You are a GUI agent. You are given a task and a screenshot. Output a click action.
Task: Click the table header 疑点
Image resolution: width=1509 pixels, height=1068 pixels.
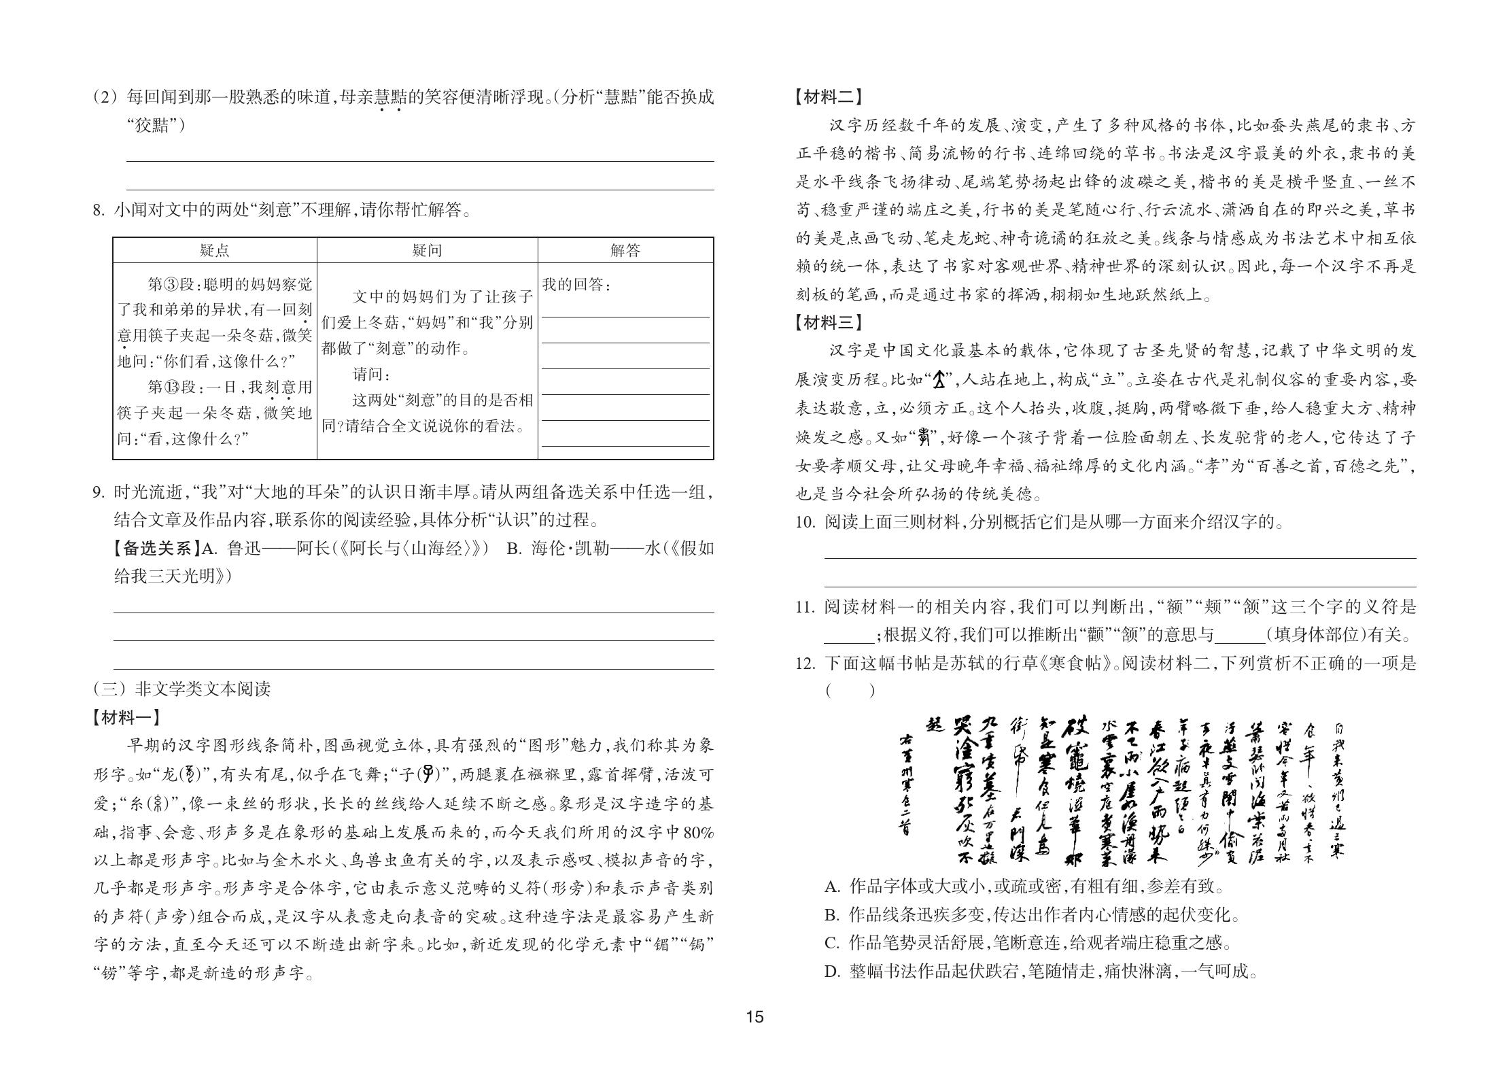tap(215, 250)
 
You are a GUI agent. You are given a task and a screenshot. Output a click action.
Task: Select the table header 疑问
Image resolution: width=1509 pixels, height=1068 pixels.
tap(427, 250)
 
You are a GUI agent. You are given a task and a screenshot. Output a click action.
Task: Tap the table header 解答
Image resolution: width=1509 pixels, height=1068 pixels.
tap(625, 250)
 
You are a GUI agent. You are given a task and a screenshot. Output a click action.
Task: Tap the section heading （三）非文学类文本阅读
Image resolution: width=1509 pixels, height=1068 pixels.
tap(181, 689)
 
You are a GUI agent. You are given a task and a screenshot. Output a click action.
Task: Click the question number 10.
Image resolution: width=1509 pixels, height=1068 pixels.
tap(805, 522)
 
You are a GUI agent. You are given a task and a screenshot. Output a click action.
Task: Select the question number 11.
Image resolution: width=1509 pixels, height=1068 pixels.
tap(805, 606)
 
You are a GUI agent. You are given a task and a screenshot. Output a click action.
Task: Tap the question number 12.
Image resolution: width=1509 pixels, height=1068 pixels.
tap(805, 663)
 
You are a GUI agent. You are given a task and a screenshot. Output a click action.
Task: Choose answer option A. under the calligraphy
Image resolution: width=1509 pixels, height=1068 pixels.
tap(833, 886)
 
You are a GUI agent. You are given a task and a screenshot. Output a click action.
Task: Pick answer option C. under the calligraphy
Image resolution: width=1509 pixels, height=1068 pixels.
tap(833, 943)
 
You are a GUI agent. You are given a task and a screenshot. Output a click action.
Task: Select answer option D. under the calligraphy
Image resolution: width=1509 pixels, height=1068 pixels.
tap(833, 971)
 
